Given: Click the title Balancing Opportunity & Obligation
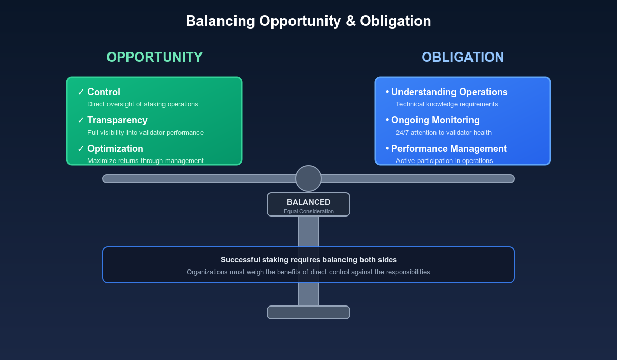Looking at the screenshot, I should click(308, 21).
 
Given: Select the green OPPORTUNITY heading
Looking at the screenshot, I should click(154, 57).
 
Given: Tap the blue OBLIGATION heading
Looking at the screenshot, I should click(462, 57).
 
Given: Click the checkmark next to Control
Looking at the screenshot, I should click(81, 92).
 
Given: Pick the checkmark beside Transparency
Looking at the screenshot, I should click(81, 120).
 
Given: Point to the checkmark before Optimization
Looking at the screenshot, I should click(81, 149).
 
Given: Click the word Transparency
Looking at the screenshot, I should click(117, 120).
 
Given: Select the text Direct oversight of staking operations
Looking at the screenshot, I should click(142, 104).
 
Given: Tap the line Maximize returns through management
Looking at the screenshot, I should click(145, 160).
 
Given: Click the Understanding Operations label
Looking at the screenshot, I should click(449, 92).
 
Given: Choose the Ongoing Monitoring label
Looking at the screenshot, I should click(435, 120).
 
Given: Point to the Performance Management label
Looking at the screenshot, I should click(449, 149).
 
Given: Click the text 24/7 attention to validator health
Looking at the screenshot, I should click(443, 133).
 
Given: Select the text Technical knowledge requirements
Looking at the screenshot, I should click(446, 104).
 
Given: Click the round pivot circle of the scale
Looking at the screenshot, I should click(308, 178).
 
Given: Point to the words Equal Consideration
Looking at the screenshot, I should click(308, 211).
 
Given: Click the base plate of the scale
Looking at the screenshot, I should click(308, 312).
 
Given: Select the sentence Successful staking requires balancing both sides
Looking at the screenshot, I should click(308, 260).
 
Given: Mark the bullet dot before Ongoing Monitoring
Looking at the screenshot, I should click(387, 120).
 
